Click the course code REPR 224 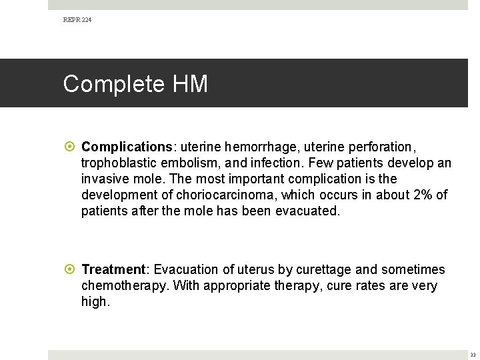(77, 20)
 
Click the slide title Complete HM (135, 84)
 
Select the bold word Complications (127, 147)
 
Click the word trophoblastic (120, 163)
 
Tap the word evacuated (307, 211)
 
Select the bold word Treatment (113, 269)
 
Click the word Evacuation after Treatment (187, 269)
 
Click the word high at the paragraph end (94, 301)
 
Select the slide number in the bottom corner (472, 354)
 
